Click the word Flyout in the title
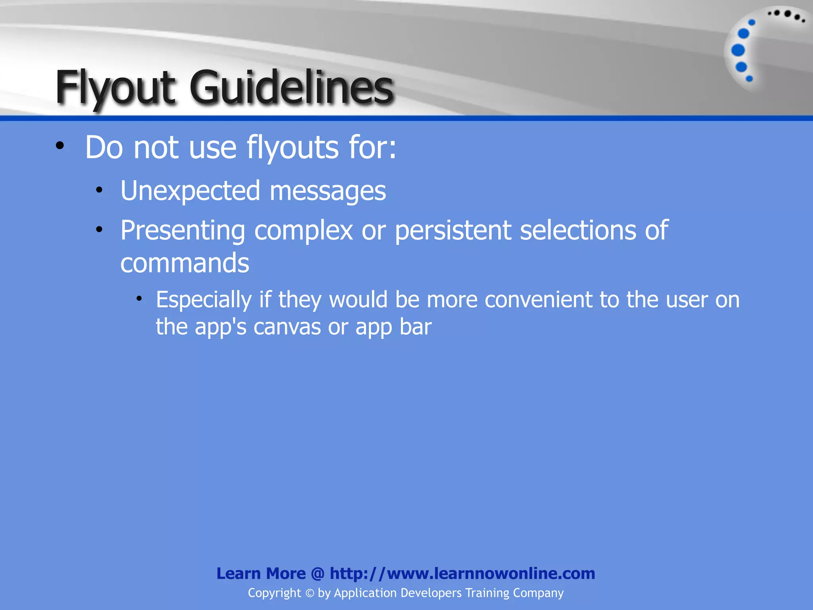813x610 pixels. click(x=115, y=87)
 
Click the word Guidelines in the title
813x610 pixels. click(x=292, y=87)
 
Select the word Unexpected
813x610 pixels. click(x=190, y=191)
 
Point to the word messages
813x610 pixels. click(x=328, y=191)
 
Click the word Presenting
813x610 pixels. click(x=183, y=231)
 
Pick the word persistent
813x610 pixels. click(x=453, y=231)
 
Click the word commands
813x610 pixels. click(x=185, y=263)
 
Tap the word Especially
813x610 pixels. click(x=204, y=300)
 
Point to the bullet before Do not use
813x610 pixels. click(x=60, y=146)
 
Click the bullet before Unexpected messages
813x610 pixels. click(x=99, y=190)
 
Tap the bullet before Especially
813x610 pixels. click(x=139, y=299)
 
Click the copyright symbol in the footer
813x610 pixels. click(x=310, y=593)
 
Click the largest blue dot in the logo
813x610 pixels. click(x=738, y=50)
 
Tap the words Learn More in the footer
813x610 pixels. click(x=261, y=573)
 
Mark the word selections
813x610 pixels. click(x=578, y=230)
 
